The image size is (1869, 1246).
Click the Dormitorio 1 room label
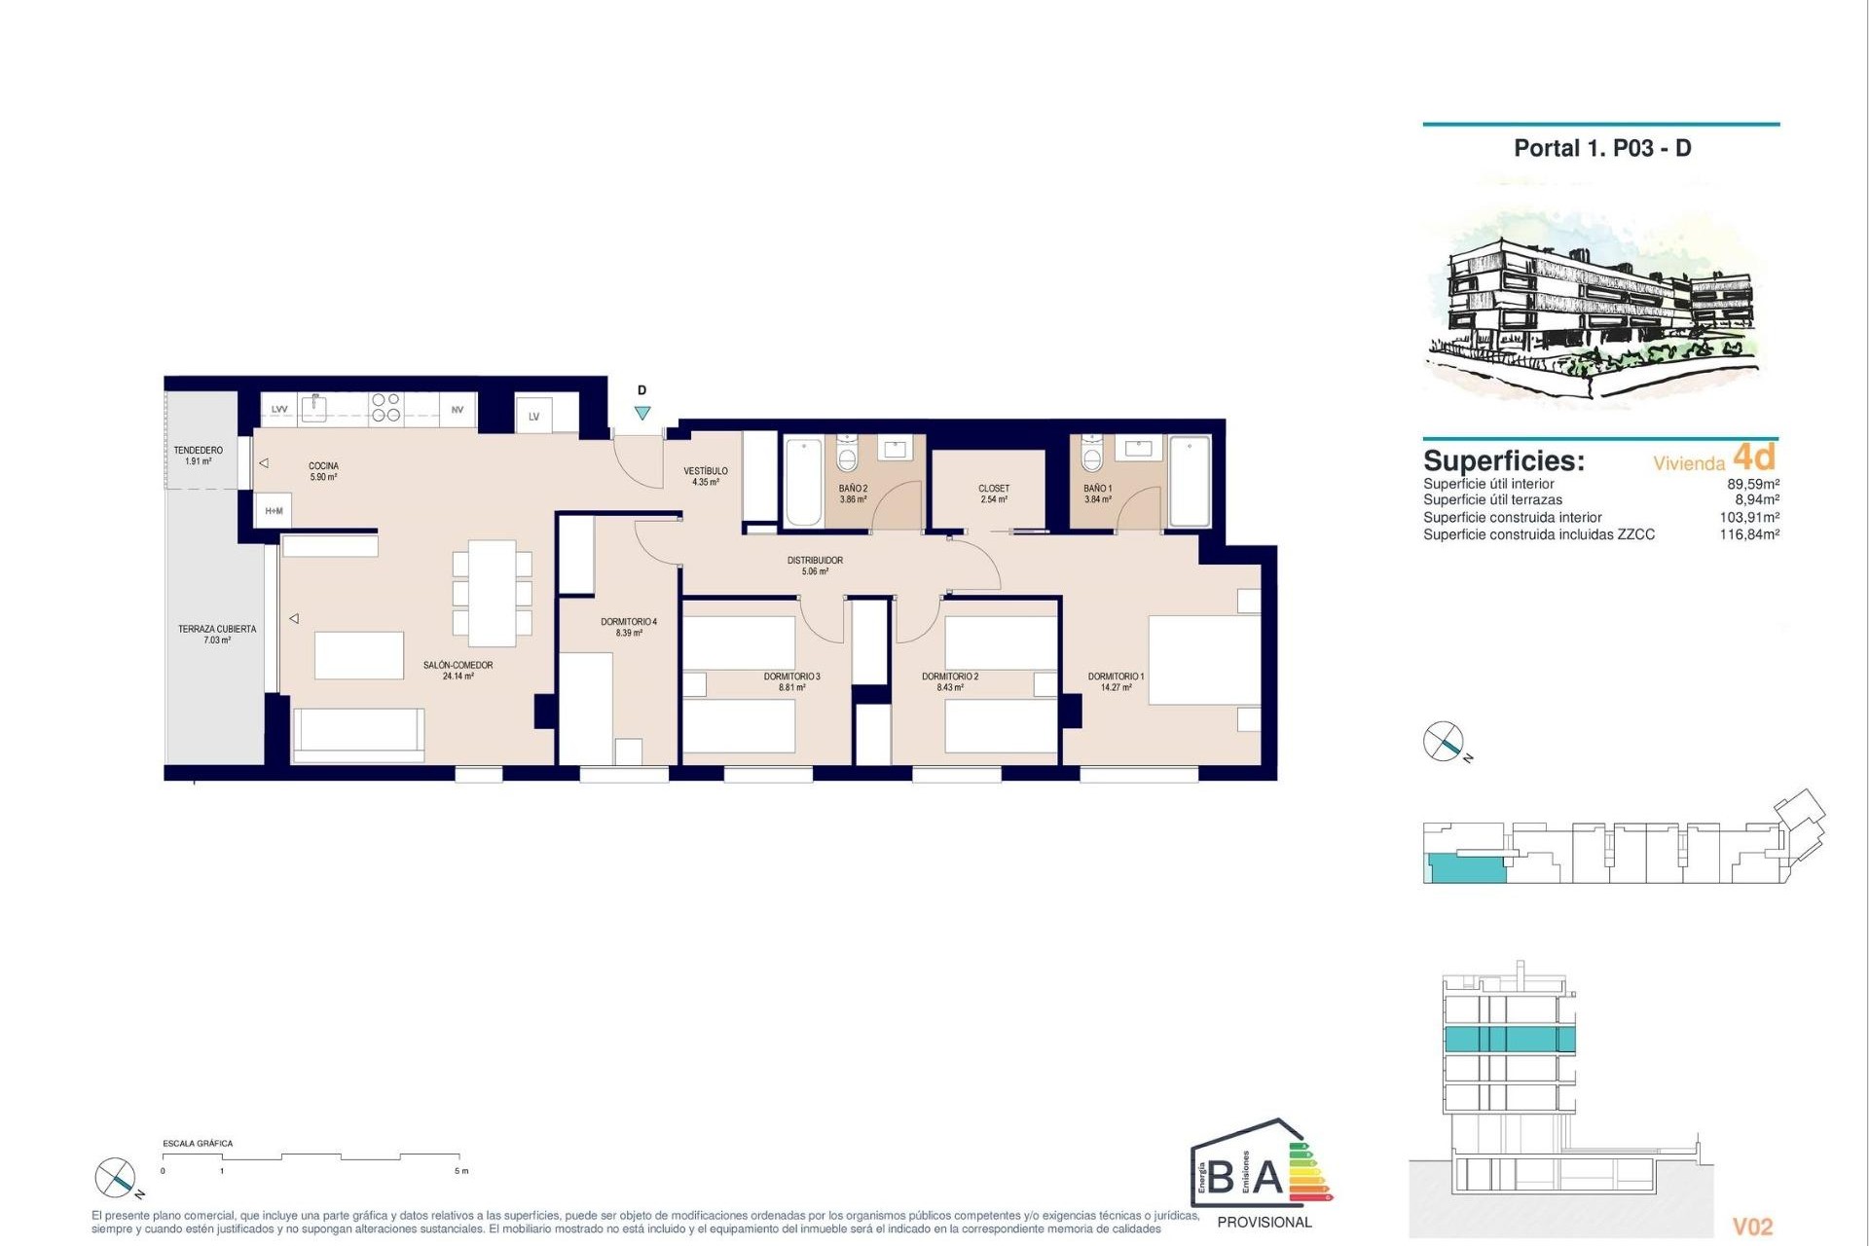point(1116,681)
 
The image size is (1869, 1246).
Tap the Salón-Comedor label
point(458,670)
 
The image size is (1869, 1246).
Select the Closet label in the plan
point(994,494)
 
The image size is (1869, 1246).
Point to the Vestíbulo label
point(706,476)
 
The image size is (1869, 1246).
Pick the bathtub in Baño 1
point(1190,482)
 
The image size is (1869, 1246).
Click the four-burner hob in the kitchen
point(385,407)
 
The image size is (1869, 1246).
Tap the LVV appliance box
point(279,410)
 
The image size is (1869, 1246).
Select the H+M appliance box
point(274,511)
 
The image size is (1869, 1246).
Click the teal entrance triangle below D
point(642,413)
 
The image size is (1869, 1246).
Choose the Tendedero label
point(199,456)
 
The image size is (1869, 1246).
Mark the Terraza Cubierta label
point(217,634)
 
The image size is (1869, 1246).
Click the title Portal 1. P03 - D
point(1602,148)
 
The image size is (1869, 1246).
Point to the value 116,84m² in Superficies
point(1749,534)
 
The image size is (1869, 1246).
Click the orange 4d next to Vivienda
point(1754,457)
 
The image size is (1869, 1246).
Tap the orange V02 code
point(1752,1227)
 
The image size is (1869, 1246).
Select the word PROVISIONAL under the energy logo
point(1264,1222)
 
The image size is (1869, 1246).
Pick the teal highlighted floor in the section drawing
point(1509,1039)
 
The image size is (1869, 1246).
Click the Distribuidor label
point(815,566)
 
